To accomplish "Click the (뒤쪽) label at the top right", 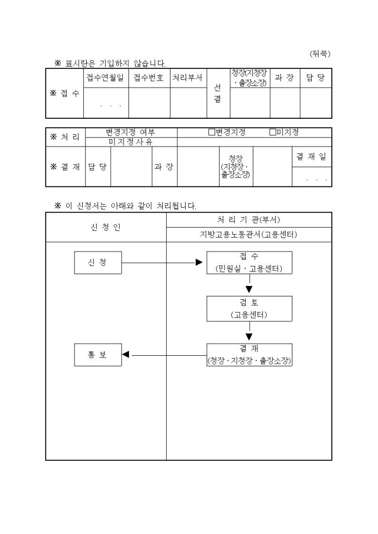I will click(320, 54).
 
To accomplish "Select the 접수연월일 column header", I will click(106, 78).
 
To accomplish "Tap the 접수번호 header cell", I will click(149, 78).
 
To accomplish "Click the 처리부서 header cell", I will click(188, 78).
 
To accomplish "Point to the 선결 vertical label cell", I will click(218, 94).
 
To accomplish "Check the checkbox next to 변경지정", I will click(212, 132).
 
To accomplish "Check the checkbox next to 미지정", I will click(272, 132).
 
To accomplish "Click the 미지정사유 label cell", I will click(131, 142).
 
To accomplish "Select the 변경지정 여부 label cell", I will click(131, 132).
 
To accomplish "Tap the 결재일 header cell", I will click(311, 157).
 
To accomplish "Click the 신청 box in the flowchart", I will click(98, 263).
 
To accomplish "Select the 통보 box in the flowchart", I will click(98, 355).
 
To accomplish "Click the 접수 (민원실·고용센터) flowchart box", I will click(249, 263).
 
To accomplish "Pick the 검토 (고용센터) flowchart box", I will click(249, 309).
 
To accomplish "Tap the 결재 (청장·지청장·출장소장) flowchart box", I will click(249, 355).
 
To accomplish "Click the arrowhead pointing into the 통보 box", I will click(126, 355).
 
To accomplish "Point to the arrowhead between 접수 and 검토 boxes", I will click(249, 289).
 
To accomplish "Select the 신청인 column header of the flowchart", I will click(106, 227).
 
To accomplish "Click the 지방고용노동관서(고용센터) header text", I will click(249, 235).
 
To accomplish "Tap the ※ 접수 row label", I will click(64, 93).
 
